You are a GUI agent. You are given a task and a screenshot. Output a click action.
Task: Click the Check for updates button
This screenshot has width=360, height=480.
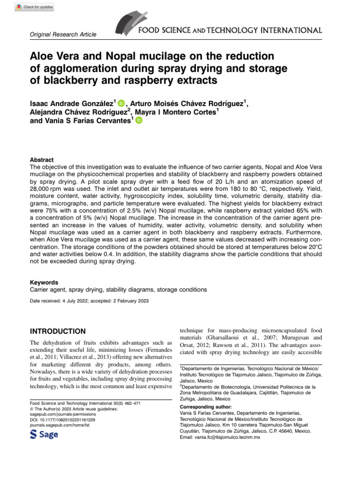[x=35, y=7]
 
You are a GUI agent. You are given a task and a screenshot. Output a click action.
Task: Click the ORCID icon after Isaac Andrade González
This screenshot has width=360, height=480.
[x=121, y=103]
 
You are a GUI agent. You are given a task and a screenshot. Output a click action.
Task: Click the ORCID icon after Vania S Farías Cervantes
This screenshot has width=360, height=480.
[x=139, y=120]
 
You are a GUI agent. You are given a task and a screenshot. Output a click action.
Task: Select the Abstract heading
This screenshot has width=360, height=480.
[x=42, y=160]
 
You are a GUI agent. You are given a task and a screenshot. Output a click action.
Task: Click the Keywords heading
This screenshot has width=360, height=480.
[x=44, y=283]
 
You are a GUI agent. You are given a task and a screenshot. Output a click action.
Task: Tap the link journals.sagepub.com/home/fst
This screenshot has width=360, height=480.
[x=60, y=426]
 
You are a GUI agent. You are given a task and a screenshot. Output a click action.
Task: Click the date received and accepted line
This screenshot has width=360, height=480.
[x=90, y=300]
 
